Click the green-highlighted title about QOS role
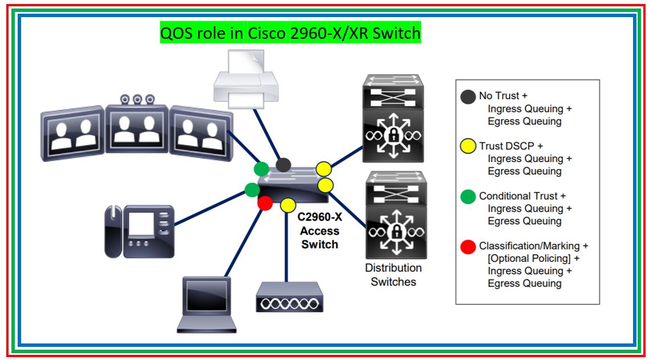point(290,34)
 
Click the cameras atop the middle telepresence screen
point(137,99)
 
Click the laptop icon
point(206,305)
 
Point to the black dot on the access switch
point(283,165)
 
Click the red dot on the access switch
point(265,203)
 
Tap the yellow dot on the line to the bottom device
point(287,205)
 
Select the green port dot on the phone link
point(252,189)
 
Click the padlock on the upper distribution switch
point(393,135)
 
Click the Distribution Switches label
point(394,274)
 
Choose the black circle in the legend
point(468,96)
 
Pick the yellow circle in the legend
point(468,146)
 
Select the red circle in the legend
point(468,246)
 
